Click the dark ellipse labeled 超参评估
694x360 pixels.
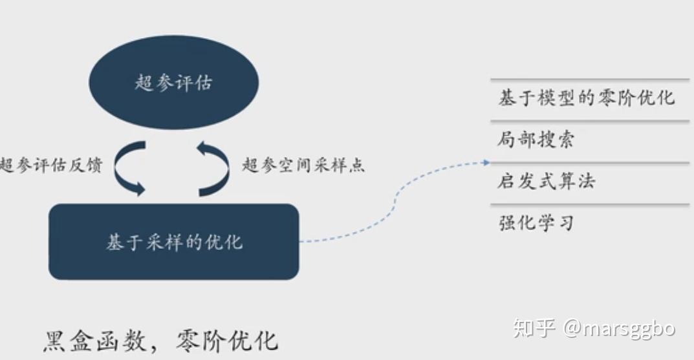point(174,82)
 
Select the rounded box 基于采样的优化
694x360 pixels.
point(174,242)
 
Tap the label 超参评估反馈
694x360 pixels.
point(51,165)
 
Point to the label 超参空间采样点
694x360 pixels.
point(303,165)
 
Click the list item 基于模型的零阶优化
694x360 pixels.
point(587,98)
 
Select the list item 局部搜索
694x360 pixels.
point(536,140)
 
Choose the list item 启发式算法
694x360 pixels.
point(546,182)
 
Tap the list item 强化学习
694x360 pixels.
point(536,223)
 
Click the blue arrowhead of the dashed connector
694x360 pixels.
point(487,163)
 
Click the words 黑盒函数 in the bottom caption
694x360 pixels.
point(95,341)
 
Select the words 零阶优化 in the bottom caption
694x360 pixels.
point(227,341)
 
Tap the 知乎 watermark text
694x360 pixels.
point(534,328)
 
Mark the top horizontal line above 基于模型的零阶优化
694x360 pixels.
point(590,79)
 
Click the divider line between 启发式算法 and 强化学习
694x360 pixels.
point(590,204)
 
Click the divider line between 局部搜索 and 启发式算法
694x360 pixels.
point(590,163)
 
